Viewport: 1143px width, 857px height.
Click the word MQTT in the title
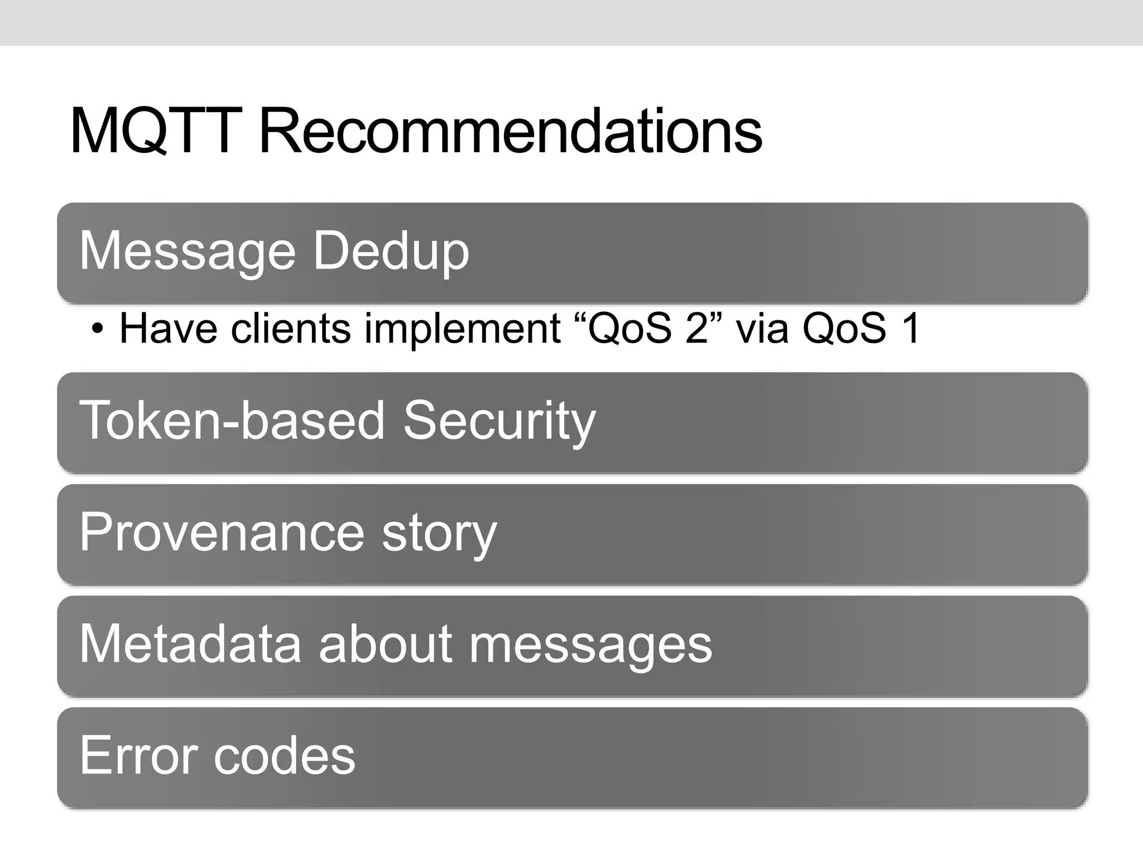click(156, 132)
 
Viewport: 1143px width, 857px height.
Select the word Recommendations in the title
click(510, 132)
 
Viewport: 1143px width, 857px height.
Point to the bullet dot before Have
click(98, 329)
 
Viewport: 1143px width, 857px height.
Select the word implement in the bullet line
click(462, 329)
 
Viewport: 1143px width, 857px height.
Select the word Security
click(500, 422)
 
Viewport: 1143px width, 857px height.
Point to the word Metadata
click(190, 644)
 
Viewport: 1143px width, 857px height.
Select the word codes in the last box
click(285, 755)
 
